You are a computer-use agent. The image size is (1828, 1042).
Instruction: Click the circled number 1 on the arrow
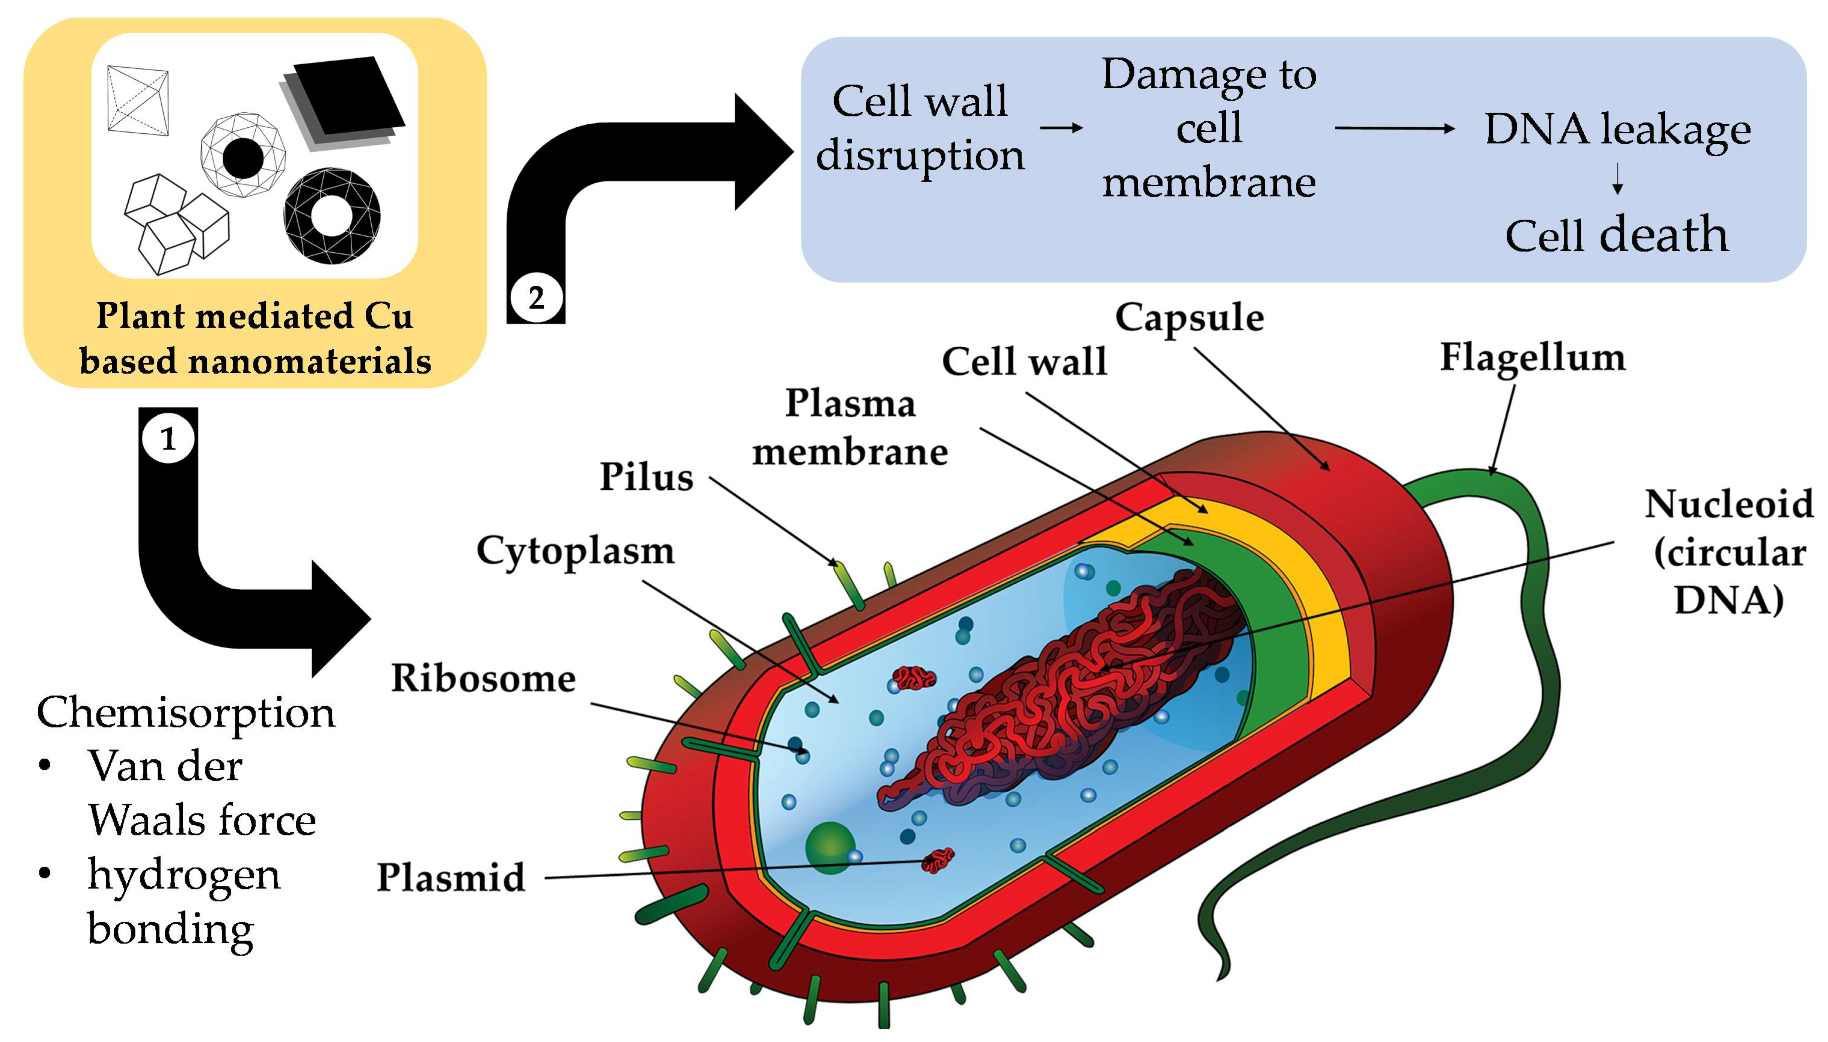click(x=167, y=438)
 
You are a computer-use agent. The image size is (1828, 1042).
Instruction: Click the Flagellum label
click(x=1532, y=358)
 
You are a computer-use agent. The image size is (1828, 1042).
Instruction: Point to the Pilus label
click(x=646, y=477)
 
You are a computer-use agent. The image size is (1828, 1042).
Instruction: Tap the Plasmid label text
click(x=451, y=878)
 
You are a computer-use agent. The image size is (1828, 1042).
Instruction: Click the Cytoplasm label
click(x=575, y=551)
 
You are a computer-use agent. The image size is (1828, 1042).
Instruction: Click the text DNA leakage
click(x=1617, y=129)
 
